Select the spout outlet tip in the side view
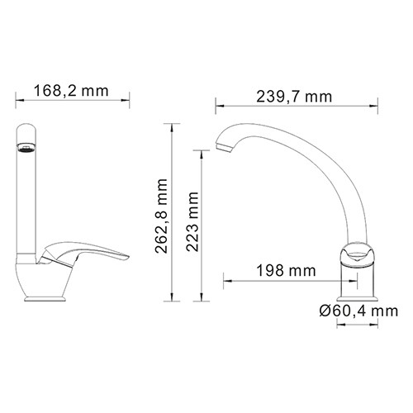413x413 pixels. tap(222, 150)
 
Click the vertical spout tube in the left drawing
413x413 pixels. tap(26, 198)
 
